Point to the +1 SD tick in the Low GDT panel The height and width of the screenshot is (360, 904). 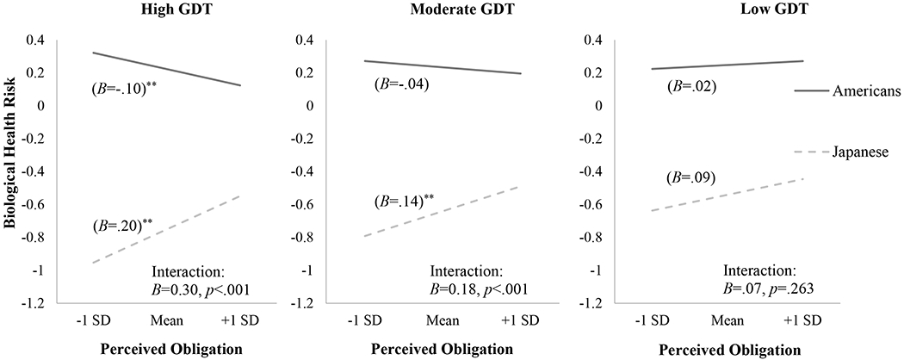coord(802,320)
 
